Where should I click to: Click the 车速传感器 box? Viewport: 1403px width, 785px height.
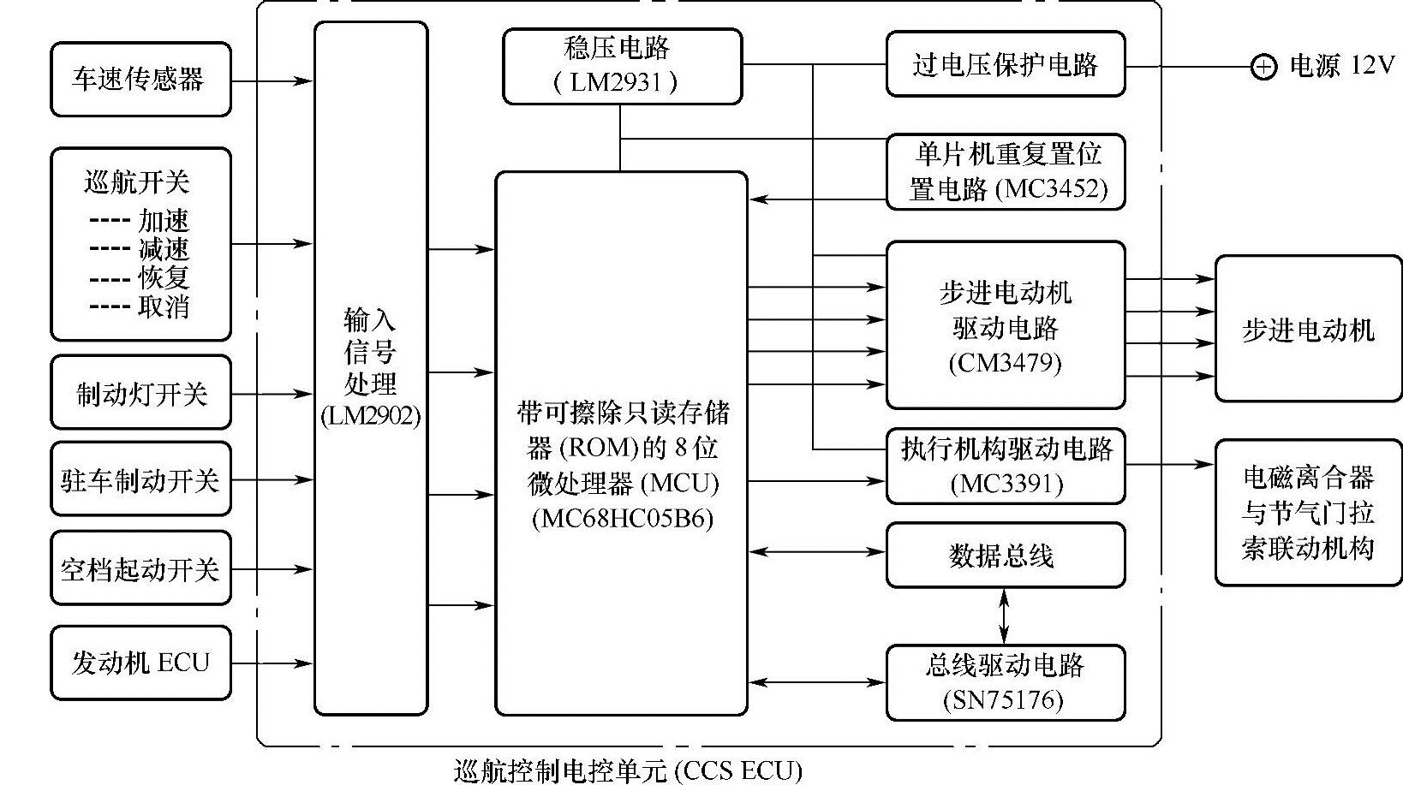[140, 80]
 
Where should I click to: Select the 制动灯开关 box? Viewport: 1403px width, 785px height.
[140, 393]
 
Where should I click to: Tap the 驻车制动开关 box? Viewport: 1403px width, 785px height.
[140, 479]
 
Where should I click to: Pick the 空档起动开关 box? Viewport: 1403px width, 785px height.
[140, 568]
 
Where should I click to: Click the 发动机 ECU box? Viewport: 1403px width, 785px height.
[140, 663]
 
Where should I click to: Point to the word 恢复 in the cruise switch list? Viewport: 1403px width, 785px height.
[164, 277]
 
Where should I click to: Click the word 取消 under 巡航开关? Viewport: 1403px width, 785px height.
[164, 306]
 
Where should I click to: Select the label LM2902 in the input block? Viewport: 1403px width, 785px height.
[370, 416]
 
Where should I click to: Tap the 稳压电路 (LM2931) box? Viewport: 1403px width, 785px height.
[622, 66]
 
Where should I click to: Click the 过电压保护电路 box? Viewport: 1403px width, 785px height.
[1005, 64]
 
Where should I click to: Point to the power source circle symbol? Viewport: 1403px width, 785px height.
[1263, 66]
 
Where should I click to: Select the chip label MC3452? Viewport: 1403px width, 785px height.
[1054, 189]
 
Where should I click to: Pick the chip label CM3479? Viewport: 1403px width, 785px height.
[1005, 363]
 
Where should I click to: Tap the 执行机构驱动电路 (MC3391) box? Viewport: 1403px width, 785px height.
[1005, 466]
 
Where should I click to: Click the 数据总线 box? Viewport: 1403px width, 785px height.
[1005, 556]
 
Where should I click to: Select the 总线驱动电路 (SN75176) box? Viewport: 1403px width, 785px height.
[1005, 682]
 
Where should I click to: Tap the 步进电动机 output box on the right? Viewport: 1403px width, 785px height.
[1308, 329]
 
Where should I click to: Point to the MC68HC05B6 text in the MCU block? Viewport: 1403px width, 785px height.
[622, 519]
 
